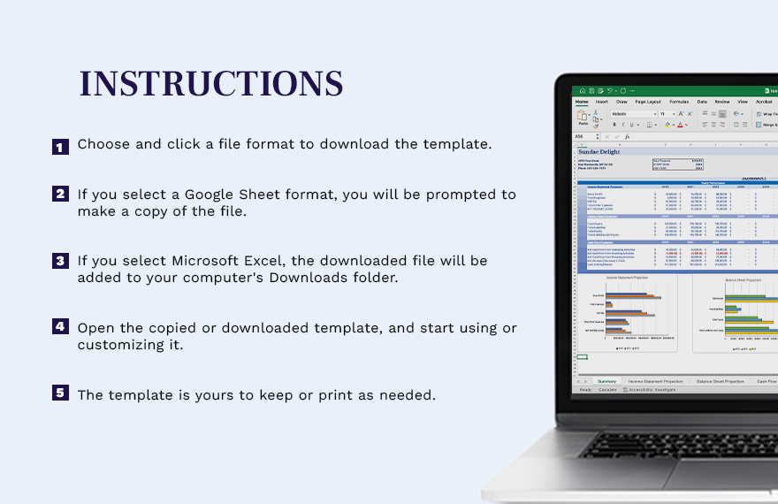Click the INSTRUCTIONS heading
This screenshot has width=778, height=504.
(211, 83)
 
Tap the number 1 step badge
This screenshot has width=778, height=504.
(60, 147)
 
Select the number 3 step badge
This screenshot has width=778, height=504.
(60, 261)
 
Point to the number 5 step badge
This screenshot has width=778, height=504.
(60, 393)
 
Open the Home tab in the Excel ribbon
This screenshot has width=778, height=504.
(582, 102)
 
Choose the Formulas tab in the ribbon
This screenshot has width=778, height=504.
(679, 102)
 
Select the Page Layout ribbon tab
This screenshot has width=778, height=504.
(648, 102)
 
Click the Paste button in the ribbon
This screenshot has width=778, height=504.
(583, 118)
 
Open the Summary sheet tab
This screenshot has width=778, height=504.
(606, 381)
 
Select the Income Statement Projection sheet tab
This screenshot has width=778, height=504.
(655, 381)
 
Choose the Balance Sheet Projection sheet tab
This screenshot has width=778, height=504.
(721, 381)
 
